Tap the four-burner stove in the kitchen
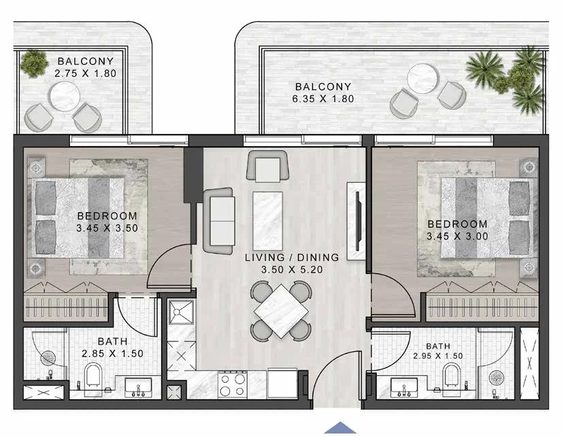click(233, 385)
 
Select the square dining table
click(281, 311)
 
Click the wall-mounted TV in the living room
click(358, 221)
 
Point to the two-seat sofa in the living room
click(218, 221)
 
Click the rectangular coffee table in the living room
click(267, 221)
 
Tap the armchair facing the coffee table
click(267, 166)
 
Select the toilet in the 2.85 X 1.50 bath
click(93, 375)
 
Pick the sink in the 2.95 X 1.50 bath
click(404, 387)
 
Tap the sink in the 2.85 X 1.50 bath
click(138, 387)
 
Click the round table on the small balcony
click(65, 97)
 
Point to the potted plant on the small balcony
click(33, 63)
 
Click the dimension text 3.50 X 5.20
click(292, 270)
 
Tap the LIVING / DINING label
click(292, 258)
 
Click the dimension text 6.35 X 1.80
click(323, 99)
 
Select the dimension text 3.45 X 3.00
click(457, 236)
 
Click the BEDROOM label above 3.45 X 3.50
click(107, 215)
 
